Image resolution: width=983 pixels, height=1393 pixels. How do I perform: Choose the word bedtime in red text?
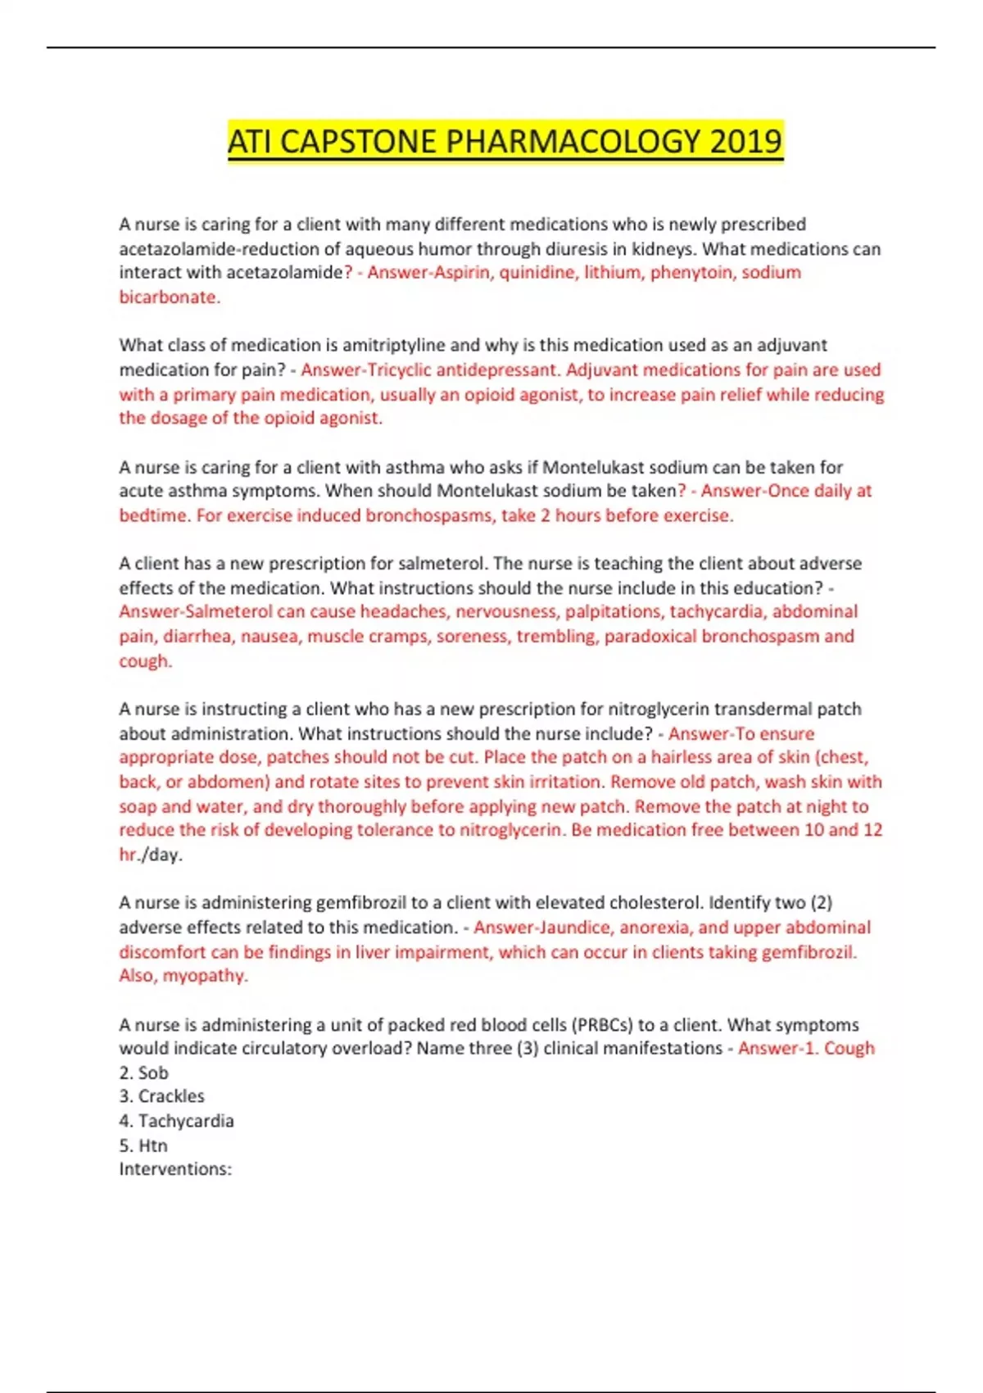pos(154,515)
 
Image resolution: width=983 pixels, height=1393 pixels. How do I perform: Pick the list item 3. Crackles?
pos(162,1096)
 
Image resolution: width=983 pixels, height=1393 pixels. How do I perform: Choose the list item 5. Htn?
pos(143,1145)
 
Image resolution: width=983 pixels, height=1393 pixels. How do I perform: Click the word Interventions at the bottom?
pos(174,1169)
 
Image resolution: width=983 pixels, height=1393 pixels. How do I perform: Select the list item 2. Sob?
pos(144,1073)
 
